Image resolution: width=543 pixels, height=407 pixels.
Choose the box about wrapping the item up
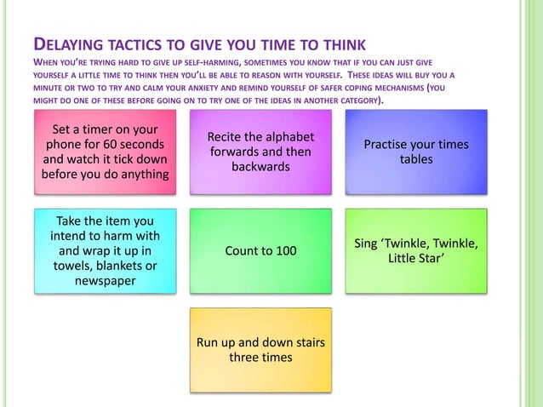tap(106, 251)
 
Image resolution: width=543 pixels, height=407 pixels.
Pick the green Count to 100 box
tap(260, 251)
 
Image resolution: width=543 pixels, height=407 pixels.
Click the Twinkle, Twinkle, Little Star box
tap(416, 251)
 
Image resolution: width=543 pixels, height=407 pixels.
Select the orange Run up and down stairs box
tap(260, 349)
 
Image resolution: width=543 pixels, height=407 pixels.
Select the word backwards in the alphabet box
tap(260, 167)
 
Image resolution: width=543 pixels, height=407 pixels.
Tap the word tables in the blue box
tap(416, 159)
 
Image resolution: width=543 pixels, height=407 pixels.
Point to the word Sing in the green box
tap(368, 244)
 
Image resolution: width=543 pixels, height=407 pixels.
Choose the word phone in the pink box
tap(60, 145)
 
